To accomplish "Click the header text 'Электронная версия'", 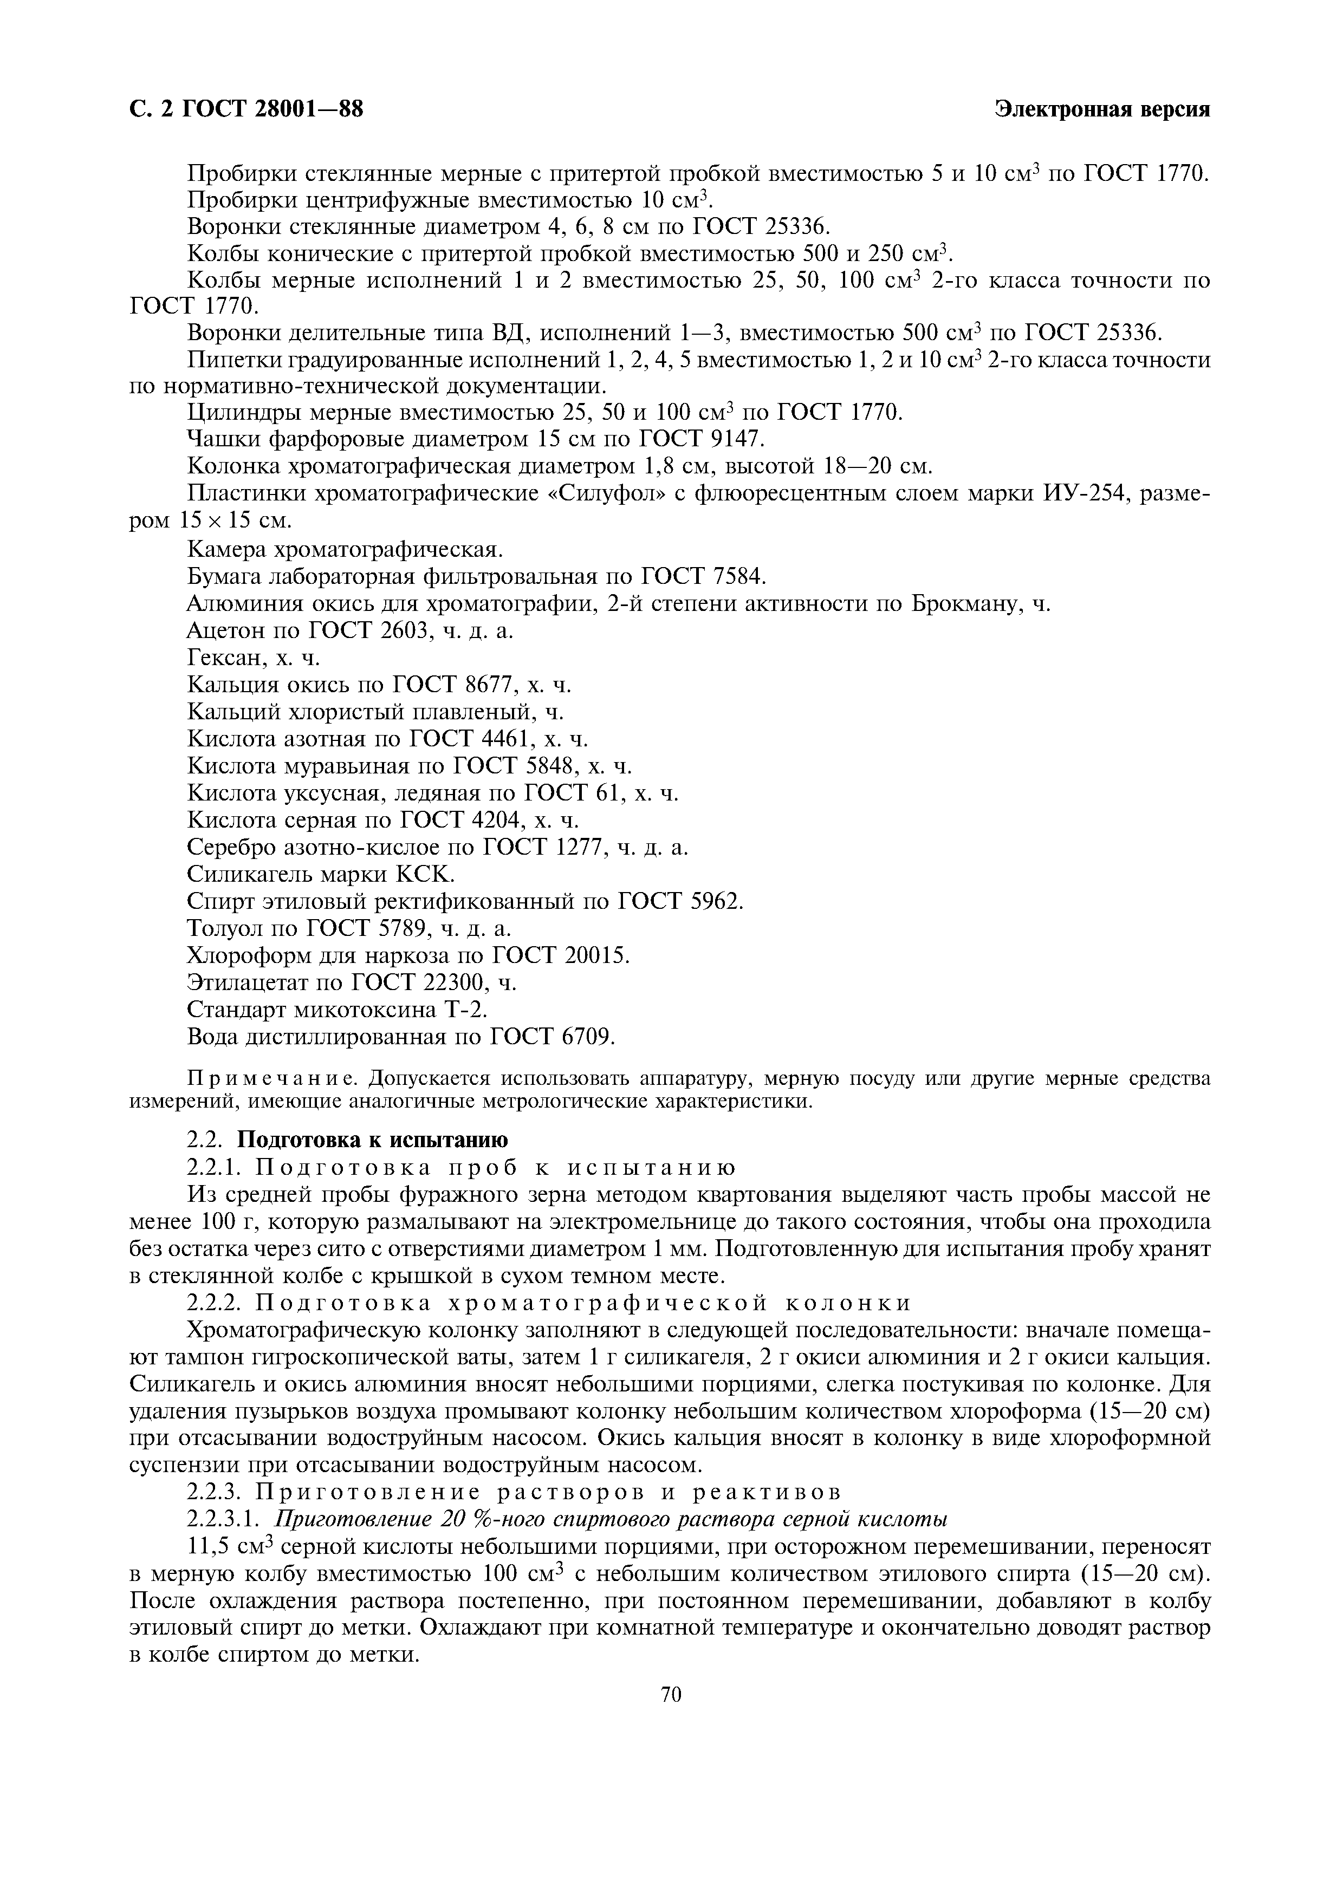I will point(1102,109).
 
